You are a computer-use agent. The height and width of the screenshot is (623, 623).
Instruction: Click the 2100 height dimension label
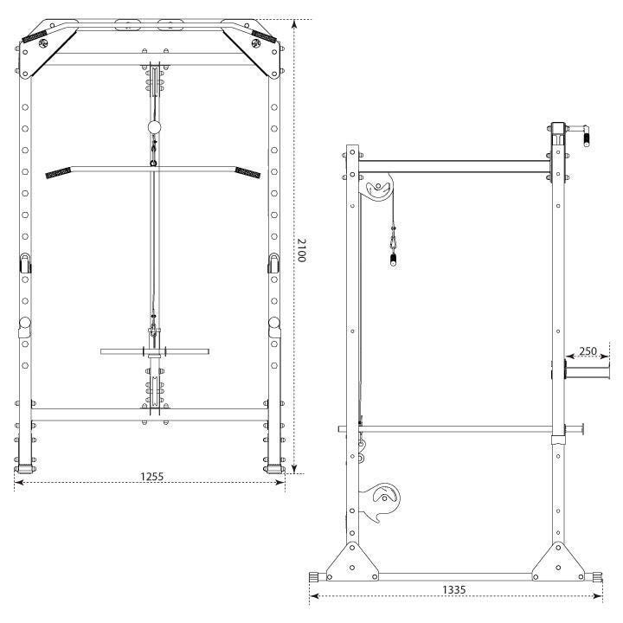point(301,250)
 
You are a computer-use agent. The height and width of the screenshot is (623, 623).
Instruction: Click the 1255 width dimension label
point(151,476)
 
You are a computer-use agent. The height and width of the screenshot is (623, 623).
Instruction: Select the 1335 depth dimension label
point(453,589)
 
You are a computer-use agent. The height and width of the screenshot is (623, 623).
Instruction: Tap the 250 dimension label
point(588,350)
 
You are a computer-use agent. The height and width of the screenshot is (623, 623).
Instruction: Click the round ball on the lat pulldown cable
point(154,127)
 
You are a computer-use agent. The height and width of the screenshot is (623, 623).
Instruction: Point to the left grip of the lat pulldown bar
point(58,173)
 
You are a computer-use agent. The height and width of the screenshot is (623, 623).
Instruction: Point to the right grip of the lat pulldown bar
point(248,173)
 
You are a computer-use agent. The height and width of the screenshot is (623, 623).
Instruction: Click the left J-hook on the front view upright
point(25,263)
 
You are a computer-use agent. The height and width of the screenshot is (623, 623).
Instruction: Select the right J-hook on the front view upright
point(273,263)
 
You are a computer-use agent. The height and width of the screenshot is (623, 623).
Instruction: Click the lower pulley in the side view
point(382,501)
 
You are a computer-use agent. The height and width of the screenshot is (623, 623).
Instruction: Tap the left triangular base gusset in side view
point(352,561)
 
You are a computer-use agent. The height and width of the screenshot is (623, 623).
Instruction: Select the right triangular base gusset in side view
point(558,561)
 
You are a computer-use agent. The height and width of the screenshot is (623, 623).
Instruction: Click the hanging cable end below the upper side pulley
point(394,260)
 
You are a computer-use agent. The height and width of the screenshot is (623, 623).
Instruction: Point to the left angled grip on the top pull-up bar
point(35,36)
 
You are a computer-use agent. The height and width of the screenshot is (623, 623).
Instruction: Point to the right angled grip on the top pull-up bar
point(264,36)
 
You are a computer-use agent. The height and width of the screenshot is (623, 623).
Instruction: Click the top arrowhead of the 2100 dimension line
point(294,24)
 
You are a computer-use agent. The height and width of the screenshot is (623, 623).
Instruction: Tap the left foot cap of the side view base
point(314,577)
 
